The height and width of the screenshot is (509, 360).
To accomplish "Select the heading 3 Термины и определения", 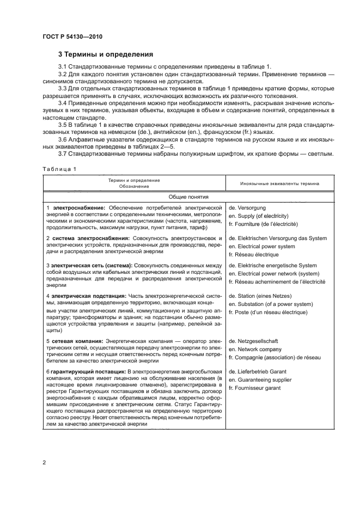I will [106, 54].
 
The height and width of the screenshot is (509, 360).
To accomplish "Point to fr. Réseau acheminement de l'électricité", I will [277, 282].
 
